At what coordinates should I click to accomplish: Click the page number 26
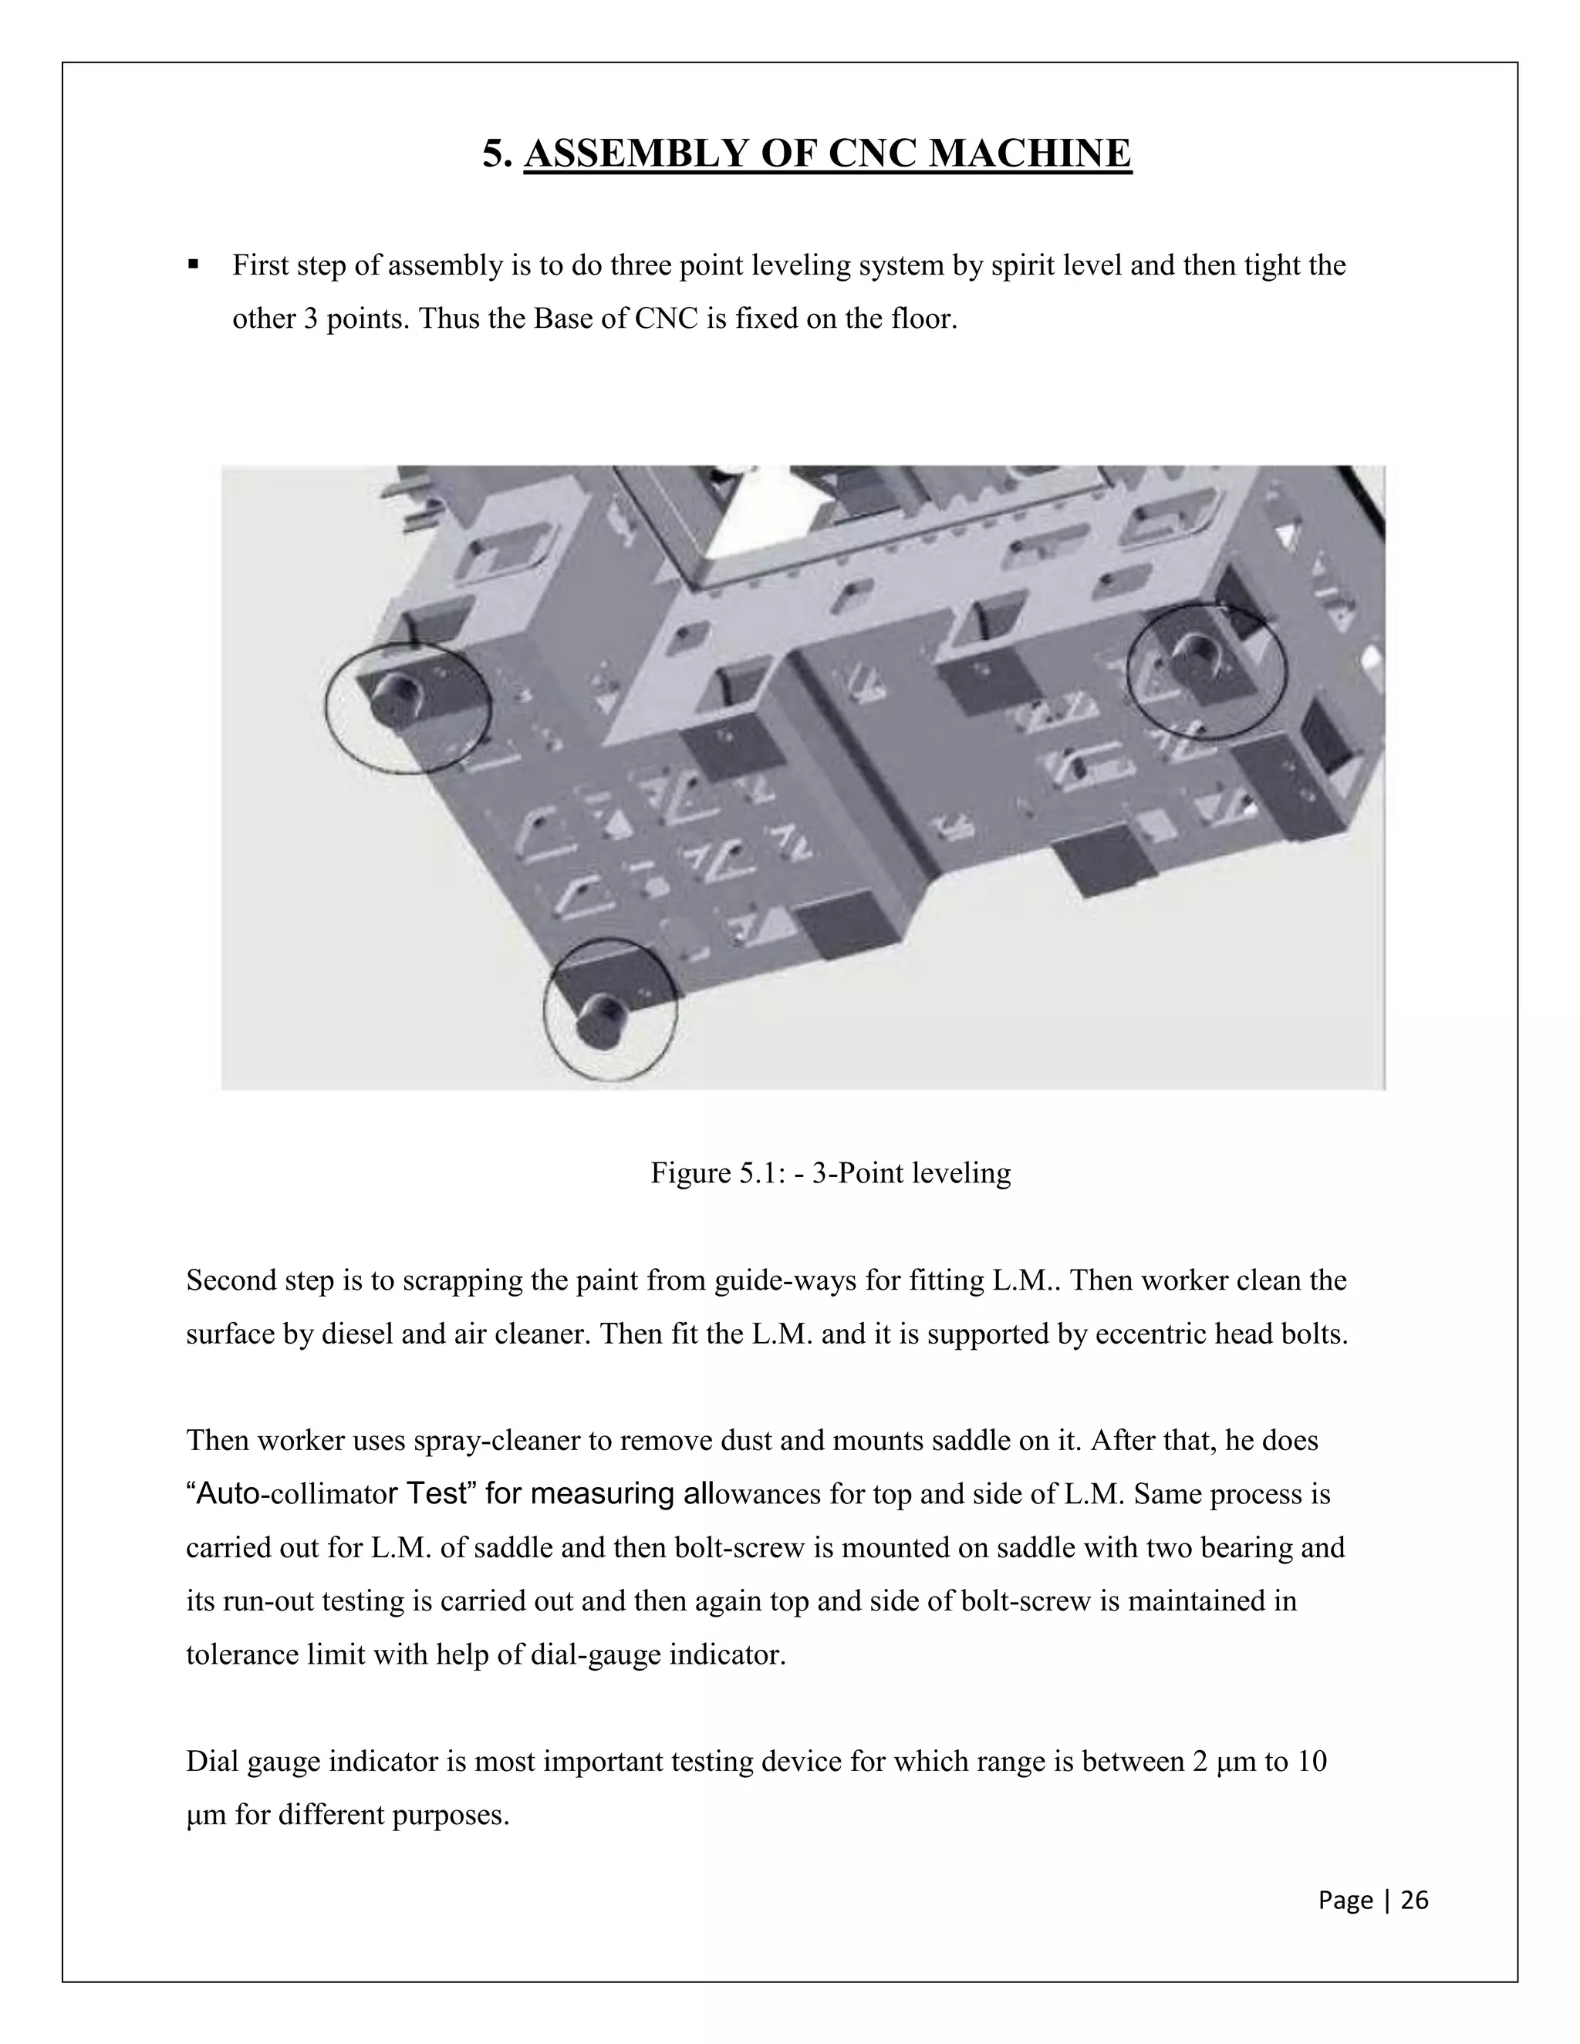1414,1900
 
